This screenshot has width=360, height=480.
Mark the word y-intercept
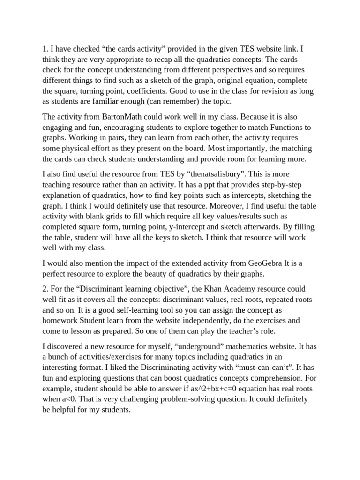[x=177, y=226]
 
